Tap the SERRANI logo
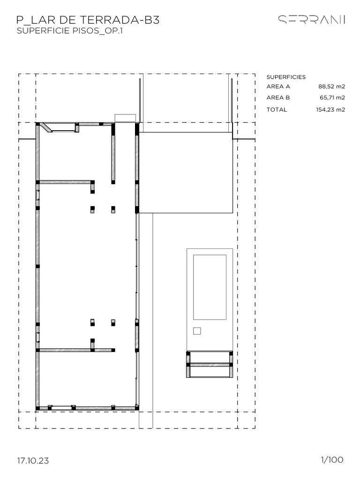tap(312, 20)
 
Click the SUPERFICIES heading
tap(286, 77)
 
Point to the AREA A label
tap(278, 86)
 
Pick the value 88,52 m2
tap(331, 86)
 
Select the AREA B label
tap(278, 97)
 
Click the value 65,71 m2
tap(331, 97)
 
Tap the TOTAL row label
tap(277, 110)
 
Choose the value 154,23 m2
tap(330, 110)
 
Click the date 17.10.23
tap(33, 461)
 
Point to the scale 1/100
tap(332, 460)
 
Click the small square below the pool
tap(197, 331)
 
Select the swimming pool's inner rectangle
tap(210, 287)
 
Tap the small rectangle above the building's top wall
tap(125, 118)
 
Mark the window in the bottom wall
tap(60, 408)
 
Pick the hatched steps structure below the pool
tap(210, 364)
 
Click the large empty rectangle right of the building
tap(186, 172)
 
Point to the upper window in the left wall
tap(38, 195)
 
